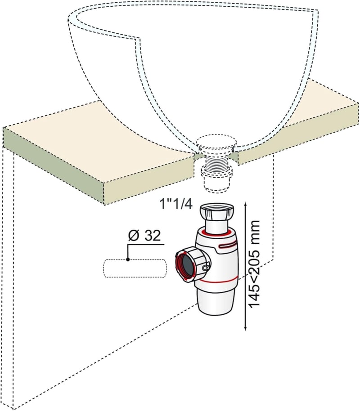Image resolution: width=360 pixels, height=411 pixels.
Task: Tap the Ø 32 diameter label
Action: point(144,235)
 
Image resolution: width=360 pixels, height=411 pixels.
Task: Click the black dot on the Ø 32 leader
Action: point(128,259)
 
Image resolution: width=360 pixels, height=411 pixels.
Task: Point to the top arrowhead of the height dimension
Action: point(245,204)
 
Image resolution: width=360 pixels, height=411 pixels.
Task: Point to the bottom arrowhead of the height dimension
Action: point(245,328)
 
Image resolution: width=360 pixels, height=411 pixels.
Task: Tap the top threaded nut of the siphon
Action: point(217,211)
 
